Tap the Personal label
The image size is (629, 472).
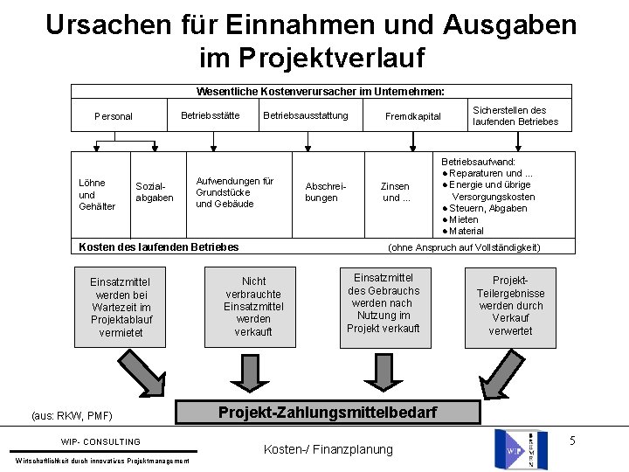tap(114, 116)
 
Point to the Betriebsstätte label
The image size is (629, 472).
tap(210, 115)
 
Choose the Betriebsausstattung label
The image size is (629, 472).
tap(305, 115)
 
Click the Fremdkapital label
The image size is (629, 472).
tap(414, 116)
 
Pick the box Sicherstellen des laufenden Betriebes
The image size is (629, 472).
tap(515, 115)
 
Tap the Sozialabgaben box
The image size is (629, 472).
tap(154, 192)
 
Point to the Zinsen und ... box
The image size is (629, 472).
tap(395, 191)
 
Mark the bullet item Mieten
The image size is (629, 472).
tap(467, 219)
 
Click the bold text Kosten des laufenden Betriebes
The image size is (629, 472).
tap(159, 247)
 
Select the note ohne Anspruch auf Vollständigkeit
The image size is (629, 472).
tap(464, 247)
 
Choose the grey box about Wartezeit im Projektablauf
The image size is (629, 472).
tap(121, 307)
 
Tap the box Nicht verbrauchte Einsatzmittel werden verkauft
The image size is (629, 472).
tap(253, 307)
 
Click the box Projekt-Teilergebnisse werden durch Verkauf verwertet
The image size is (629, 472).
tap(510, 300)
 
